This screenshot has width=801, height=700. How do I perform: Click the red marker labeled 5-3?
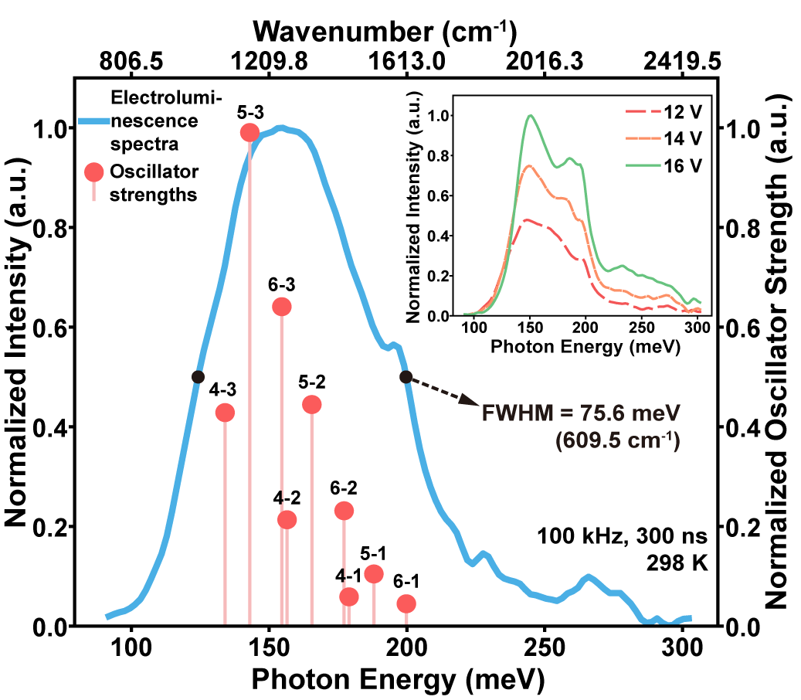click(249, 133)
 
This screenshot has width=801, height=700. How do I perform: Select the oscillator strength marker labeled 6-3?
click(281, 307)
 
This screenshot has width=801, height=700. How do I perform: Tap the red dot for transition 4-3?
click(225, 413)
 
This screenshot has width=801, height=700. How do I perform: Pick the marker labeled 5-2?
click(312, 404)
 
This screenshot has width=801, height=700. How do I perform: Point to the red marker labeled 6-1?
click(406, 603)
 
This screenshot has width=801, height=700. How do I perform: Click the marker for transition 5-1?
click(374, 573)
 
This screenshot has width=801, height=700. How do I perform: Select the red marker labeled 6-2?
click(344, 511)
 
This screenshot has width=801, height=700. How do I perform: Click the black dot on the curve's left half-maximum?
click(198, 377)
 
